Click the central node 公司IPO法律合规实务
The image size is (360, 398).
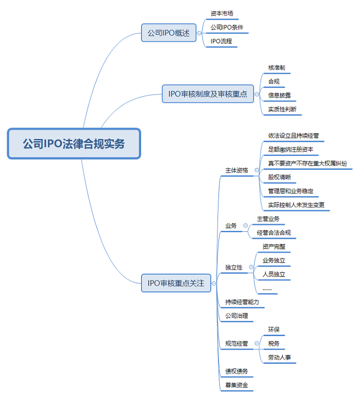click(74, 144)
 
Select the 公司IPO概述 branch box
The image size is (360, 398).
click(169, 33)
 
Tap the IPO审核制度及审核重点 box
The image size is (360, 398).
click(208, 94)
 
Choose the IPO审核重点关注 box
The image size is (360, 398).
click(176, 283)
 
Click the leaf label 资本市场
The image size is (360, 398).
click(222, 14)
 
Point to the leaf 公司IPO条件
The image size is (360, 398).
click(227, 28)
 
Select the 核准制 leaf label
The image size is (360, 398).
click(277, 68)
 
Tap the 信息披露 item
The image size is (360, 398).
click(279, 95)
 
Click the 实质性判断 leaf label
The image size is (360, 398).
click(282, 109)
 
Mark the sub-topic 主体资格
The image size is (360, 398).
click(237, 170)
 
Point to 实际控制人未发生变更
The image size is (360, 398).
click(296, 205)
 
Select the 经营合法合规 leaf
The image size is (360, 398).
click(277, 233)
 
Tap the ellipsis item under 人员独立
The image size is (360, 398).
click(267, 288)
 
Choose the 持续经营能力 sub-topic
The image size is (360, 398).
click(242, 302)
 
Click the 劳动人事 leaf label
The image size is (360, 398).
click(279, 358)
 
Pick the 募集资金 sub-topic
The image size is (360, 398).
click(237, 385)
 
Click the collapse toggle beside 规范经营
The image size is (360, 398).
click(257, 344)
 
